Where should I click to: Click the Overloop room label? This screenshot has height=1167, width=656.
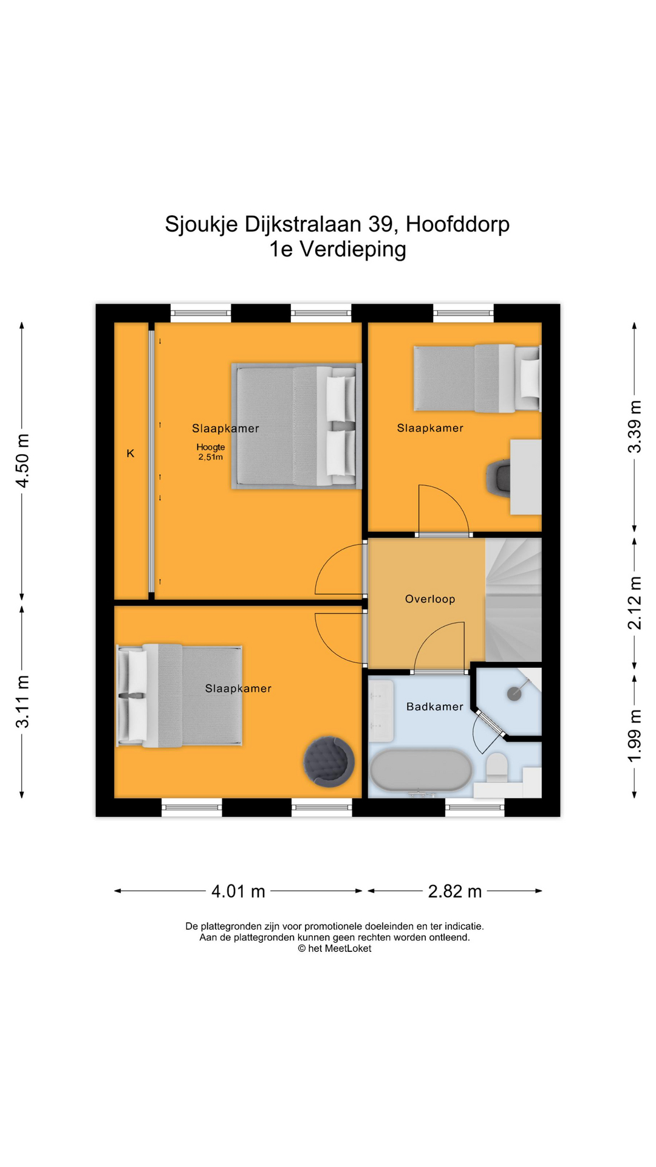point(430,599)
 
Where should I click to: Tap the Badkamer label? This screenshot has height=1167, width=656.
point(435,706)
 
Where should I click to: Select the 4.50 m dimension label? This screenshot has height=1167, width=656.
point(22,461)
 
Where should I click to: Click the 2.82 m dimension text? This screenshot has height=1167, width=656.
point(455,891)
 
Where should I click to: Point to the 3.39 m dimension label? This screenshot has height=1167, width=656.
point(634,427)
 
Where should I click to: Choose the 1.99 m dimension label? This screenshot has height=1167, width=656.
point(634,736)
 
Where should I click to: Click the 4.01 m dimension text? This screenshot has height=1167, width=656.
point(238,891)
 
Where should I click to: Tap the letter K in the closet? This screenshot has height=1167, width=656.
point(131,453)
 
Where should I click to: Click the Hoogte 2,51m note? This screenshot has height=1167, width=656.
point(211,452)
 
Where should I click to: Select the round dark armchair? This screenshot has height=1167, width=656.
point(329,762)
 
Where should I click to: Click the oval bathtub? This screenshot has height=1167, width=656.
point(421,771)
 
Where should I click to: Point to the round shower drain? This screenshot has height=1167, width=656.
point(514,694)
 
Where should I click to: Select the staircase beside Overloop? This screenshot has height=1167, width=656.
point(513,600)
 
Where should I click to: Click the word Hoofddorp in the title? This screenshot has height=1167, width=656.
point(458,224)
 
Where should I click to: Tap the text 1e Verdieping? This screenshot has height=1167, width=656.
point(338,249)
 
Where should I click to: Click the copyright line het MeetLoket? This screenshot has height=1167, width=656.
point(335,948)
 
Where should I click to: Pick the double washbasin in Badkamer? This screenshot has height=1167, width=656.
point(381,710)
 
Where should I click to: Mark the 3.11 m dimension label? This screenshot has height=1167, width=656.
point(22,701)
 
